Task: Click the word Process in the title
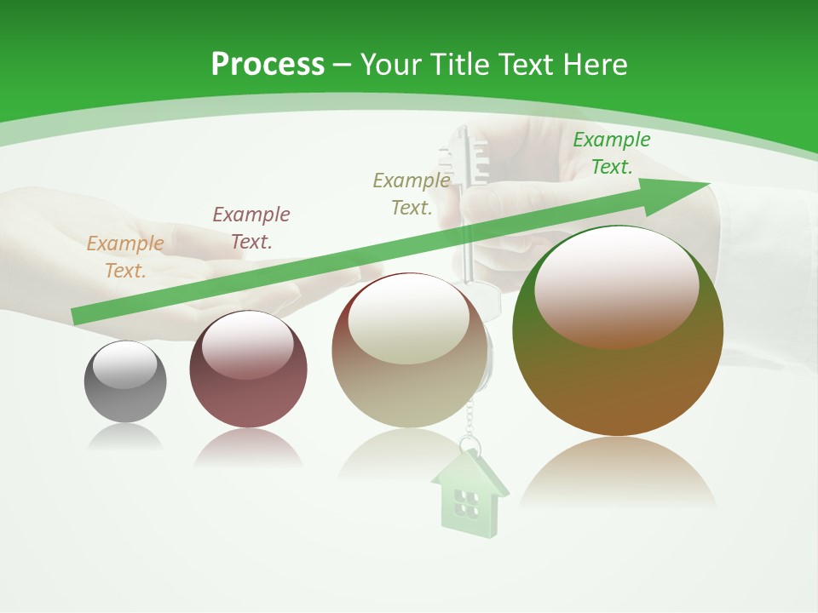(268, 65)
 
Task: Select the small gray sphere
(125, 382)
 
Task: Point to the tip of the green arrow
(707, 184)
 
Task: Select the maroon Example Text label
(251, 228)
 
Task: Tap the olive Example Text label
(412, 194)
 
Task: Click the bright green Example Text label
(611, 153)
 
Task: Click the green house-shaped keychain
(469, 494)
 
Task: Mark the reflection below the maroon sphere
(248, 449)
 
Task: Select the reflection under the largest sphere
(618, 473)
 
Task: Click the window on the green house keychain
(465, 503)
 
